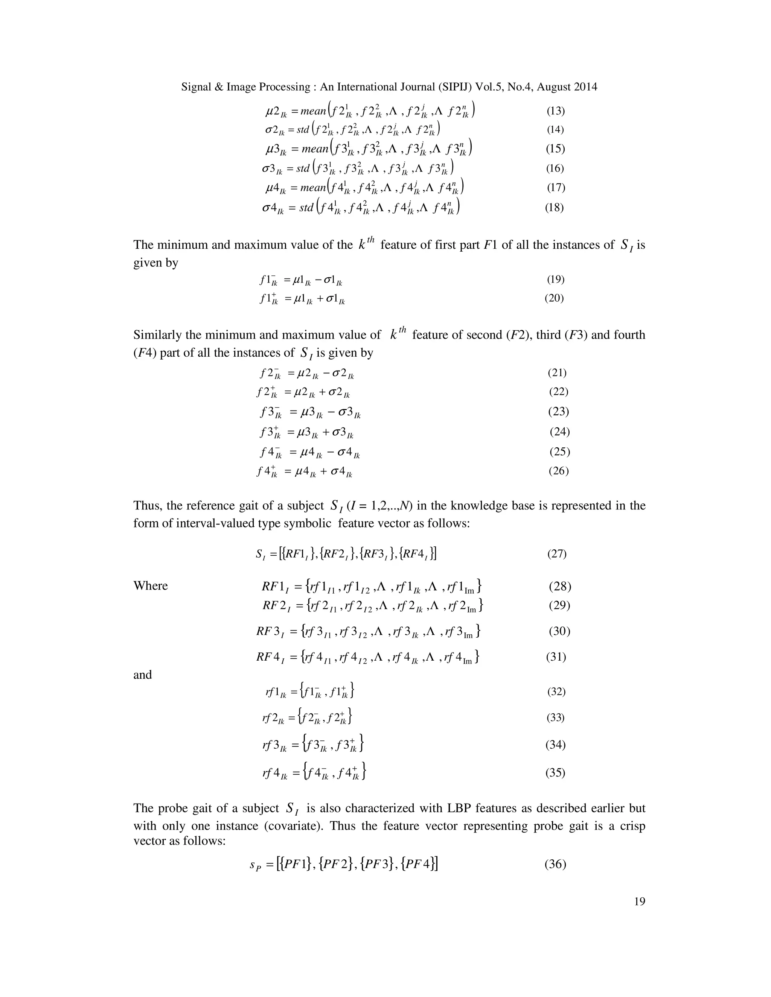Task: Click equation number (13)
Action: coord(555,111)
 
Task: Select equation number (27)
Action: coord(557,554)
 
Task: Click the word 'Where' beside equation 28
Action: coord(150,586)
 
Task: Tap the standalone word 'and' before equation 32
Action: coord(143,675)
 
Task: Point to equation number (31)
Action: coord(556,657)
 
